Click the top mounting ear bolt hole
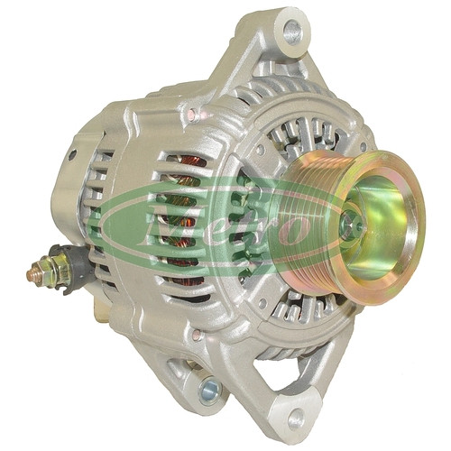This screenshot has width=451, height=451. point(293,32)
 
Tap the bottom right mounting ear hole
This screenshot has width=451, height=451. point(297,416)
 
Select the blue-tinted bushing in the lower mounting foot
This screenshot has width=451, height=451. point(210,391)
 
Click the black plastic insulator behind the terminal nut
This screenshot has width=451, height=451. point(78,264)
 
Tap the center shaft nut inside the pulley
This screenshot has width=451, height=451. point(350,225)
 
